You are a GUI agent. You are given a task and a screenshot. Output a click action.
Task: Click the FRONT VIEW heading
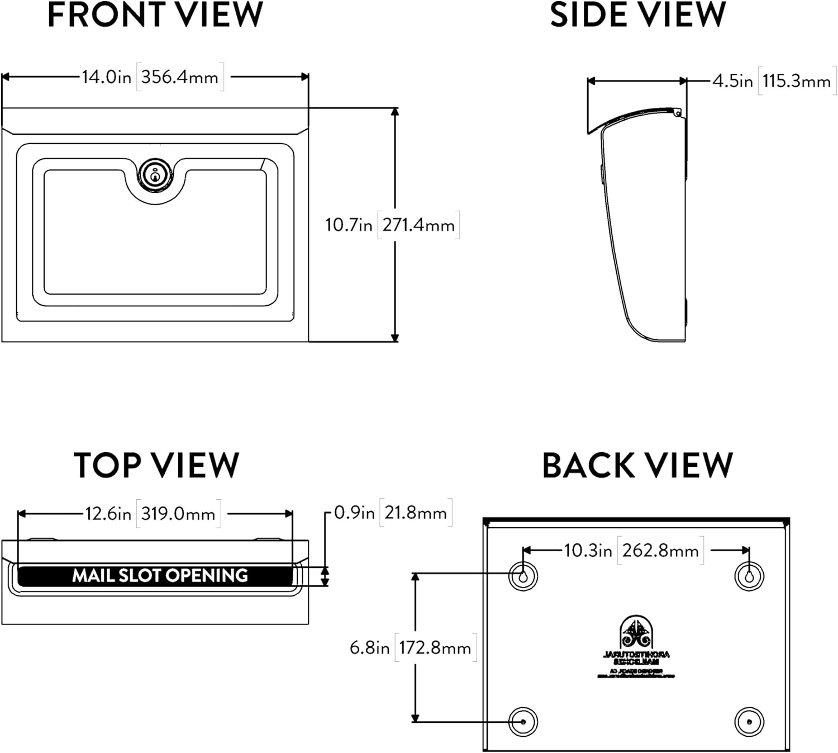[155, 15]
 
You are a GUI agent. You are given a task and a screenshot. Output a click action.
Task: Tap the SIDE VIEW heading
[637, 15]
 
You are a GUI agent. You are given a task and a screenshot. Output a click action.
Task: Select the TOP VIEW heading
[156, 465]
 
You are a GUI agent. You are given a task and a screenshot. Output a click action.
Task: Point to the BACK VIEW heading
[637, 465]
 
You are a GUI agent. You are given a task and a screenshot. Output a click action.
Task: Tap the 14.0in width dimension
[106, 77]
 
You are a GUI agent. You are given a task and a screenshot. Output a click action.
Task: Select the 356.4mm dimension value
[179, 77]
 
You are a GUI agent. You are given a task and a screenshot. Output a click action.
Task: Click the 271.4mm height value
[418, 225]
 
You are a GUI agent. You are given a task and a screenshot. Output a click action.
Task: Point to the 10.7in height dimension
[349, 225]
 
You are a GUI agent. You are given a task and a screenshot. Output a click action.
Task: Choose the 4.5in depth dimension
[732, 81]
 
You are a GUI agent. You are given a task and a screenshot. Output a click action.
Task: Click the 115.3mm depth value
[796, 82]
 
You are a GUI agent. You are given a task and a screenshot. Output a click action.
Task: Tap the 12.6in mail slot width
[108, 514]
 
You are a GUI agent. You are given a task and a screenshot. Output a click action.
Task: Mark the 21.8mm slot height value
[415, 513]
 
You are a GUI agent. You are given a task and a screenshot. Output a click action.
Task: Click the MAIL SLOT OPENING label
[160, 575]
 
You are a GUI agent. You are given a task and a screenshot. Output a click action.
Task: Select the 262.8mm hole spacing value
[660, 551]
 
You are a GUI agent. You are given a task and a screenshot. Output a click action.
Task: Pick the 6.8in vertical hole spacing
[369, 648]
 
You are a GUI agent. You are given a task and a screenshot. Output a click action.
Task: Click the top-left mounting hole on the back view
[523, 576]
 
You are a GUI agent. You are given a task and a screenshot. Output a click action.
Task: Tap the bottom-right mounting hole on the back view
[749, 722]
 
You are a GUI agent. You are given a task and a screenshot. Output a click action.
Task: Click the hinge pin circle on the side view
[678, 113]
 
